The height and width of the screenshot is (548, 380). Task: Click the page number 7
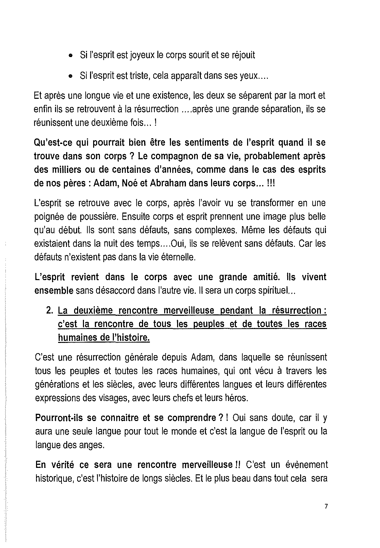coord(326,507)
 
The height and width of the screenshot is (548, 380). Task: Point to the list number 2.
coord(49,311)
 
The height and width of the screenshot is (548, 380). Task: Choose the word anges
coord(92,445)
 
